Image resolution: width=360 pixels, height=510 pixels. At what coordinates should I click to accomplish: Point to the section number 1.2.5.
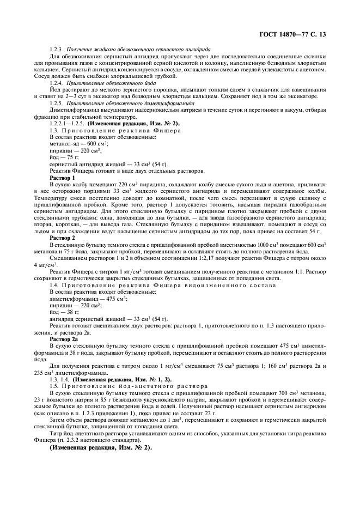56,102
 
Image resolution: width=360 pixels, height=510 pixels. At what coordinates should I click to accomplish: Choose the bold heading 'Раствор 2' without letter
62,238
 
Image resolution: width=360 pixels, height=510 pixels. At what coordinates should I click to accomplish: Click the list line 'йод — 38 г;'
61,312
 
